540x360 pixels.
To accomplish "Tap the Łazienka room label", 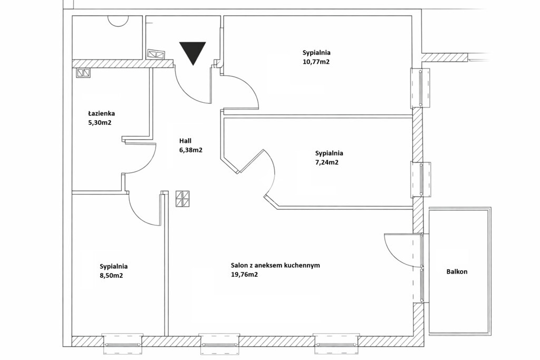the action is tap(101, 113).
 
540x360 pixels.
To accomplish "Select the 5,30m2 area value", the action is tap(100, 122).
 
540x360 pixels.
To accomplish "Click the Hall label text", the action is tap(185, 141).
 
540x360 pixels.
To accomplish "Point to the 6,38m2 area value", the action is tap(190, 150).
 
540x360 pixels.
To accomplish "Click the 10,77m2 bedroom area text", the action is tap(316, 62).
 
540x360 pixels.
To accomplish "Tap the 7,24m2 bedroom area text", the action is tap(327, 162).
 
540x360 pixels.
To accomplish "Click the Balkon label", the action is tap(457, 271).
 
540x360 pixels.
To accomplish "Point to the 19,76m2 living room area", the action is tap(244, 275).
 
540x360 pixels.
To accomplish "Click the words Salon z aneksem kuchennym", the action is tap(275, 265).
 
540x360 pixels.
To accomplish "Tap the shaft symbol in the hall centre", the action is tap(182, 199).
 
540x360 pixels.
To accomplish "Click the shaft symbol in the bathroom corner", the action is tap(83, 73).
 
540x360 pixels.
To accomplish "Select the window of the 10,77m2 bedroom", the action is tap(420, 88).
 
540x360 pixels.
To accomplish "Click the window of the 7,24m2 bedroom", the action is tap(420, 180).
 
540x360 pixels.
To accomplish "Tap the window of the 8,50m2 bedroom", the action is tap(123, 344).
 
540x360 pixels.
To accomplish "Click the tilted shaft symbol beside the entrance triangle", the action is tap(157, 54).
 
